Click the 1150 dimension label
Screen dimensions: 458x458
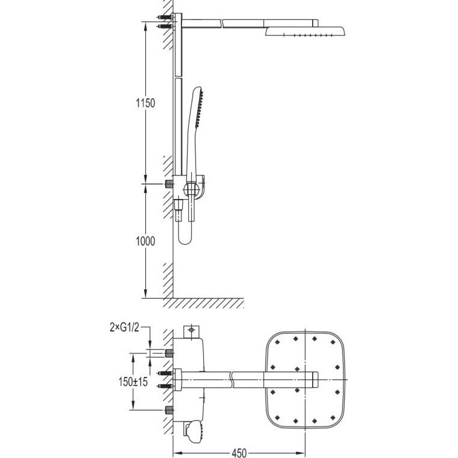click(x=145, y=103)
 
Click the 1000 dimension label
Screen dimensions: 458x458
click(x=145, y=241)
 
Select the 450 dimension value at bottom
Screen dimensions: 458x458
click(x=239, y=453)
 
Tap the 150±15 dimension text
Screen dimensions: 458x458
click(x=133, y=382)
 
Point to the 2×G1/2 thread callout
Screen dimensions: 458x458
click(x=125, y=327)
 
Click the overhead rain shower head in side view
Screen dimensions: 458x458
click(x=305, y=31)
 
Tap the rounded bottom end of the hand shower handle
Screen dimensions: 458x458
click(x=185, y=238)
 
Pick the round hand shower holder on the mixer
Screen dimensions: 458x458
click(x=191, y=189)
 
